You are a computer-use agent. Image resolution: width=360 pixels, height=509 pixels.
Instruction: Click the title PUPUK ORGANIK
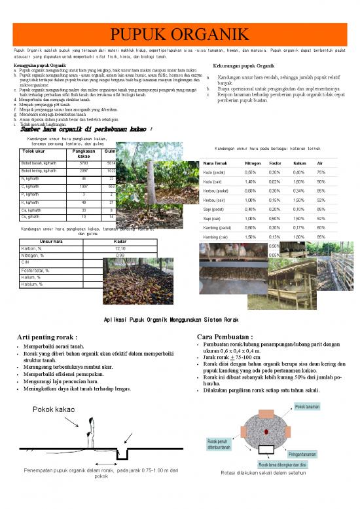(x=179, y=34)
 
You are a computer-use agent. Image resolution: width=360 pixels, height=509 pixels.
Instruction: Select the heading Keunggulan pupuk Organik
(x=39, y=66)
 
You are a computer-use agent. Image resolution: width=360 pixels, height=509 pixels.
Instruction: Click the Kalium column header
(x=300, y=162)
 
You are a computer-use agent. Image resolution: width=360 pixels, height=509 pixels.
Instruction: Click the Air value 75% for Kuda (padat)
(x=321, y=172)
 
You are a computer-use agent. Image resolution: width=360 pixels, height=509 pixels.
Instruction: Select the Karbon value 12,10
(x=120, y=249)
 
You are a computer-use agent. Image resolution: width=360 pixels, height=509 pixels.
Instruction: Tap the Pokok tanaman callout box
(x=307, y=407)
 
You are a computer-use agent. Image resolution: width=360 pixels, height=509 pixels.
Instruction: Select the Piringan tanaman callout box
(x=302, y=454)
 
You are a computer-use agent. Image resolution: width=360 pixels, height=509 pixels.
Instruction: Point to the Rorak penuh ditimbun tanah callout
(x=219, y=444)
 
